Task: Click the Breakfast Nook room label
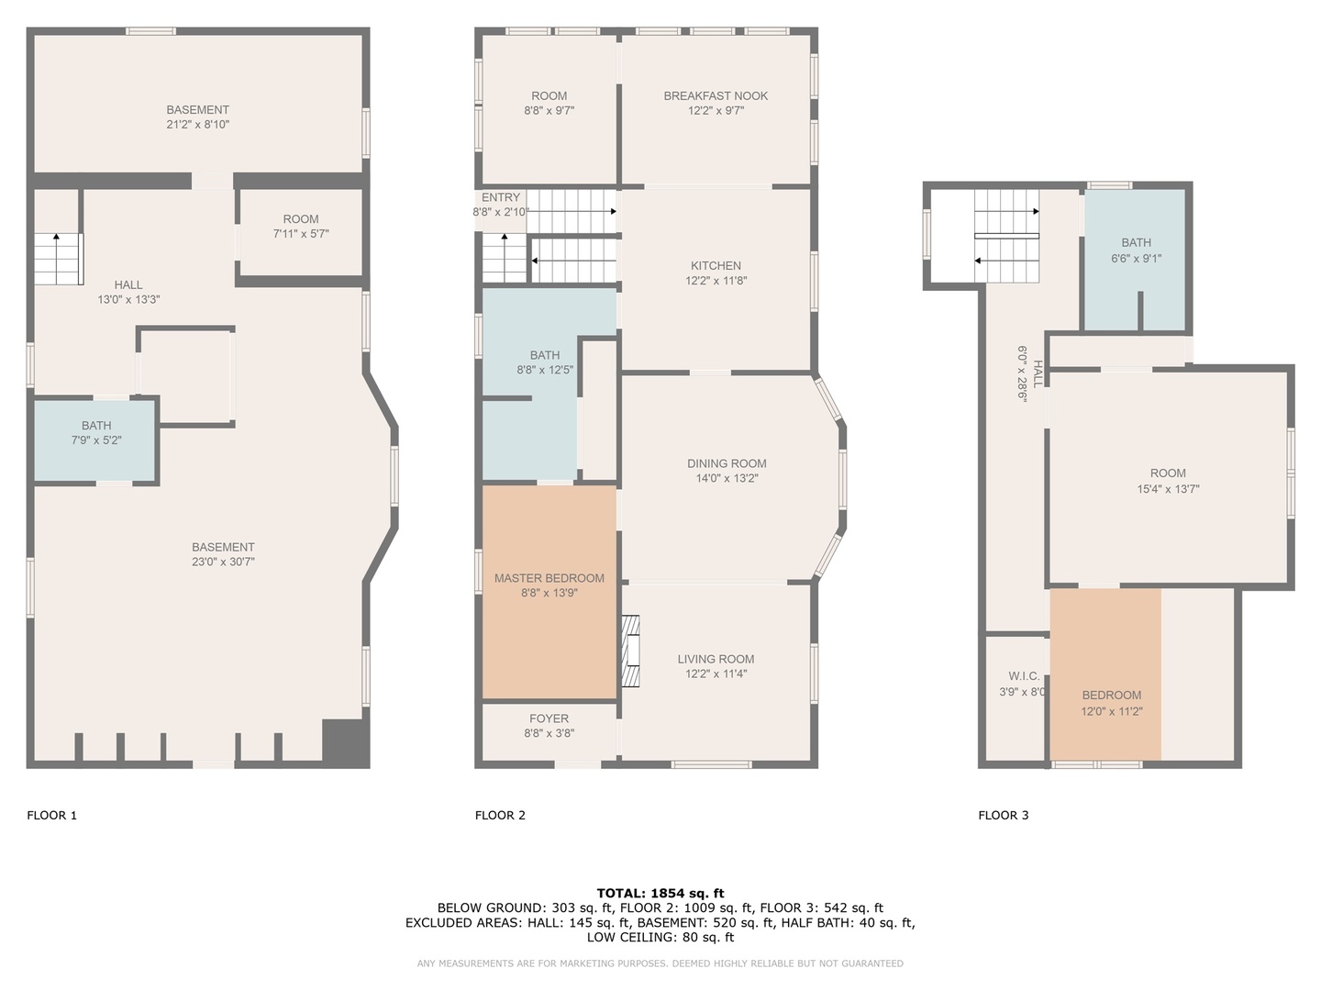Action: tap(716, 95)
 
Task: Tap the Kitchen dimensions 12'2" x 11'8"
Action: tap(716, 281)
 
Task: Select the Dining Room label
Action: tap(727, 463)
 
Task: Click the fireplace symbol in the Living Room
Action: tap(630, 651)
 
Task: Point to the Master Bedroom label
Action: tap(549, 578)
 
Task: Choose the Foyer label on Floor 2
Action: tap(549, 718)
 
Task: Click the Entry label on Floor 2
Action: tap(501, 197)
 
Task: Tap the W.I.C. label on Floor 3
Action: tap(1024, 676)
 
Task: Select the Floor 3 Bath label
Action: tap(1137, 242)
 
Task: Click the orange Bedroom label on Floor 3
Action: tap(1112, 695)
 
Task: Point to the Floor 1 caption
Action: tap(51, 816)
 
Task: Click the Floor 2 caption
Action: tap(500, 816)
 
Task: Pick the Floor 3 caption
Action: tap(1004, 816)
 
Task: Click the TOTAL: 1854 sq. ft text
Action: tap(660, 894)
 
